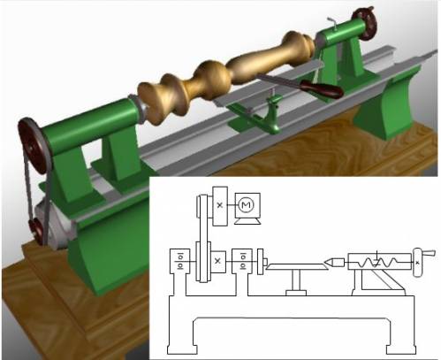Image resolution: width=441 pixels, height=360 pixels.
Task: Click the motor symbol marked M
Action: tap(246, 204)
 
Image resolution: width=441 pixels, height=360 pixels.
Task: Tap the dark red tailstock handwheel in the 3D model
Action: tap(365, 24)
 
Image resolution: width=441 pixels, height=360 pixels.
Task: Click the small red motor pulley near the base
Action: tap(36, 230)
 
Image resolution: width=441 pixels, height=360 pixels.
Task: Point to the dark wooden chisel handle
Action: tap(322, 88)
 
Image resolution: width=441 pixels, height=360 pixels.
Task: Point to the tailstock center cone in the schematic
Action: tap(334, 262)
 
